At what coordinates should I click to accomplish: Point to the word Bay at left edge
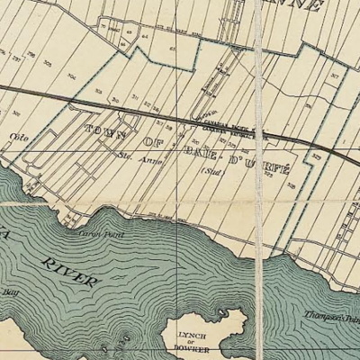coord(11,292)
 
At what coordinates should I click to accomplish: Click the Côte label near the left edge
coord(14,139)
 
